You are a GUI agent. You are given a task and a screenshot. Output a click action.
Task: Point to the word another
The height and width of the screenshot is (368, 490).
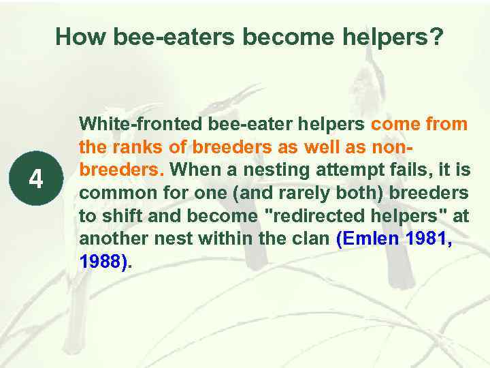112,239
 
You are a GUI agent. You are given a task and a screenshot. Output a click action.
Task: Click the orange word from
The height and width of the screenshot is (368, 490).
444,124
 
